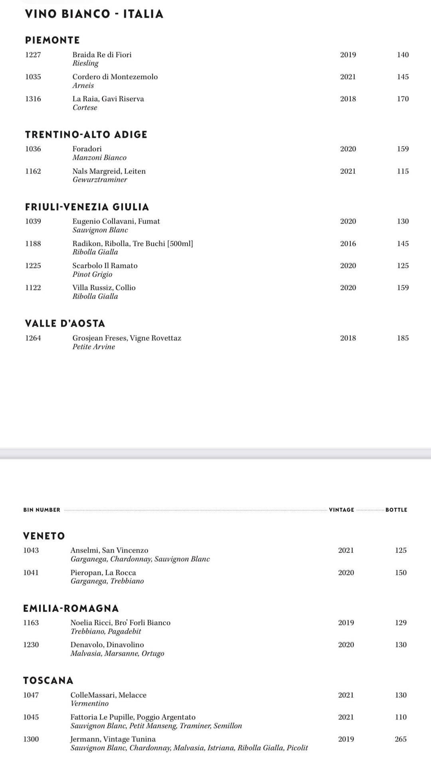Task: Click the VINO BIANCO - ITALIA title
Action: [x=94, y=14]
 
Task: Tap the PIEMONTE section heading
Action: [x=52, y=40]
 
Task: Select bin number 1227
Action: [x=33, y=55]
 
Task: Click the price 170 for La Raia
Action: [x=403, y=99]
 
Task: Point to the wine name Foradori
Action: [x=87, y=149]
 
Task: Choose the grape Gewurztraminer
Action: [x=100, y=180]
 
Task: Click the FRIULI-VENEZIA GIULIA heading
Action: [x=87, y=207]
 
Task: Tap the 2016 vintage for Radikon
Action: [x=348, y=244]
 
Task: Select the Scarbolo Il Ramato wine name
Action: [x=105, y=266]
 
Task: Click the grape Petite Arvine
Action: [x=94, y=347]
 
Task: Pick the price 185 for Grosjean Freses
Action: [x=403, y=338]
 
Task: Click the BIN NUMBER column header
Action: [x=42, y=510]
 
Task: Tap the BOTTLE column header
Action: [x=396, y=510]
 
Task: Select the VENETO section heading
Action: [x=44, y=536]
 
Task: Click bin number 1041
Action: [x=31, y=573]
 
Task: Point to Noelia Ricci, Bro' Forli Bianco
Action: [x=121, y=623]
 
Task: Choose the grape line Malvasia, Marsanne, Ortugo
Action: [x=117, y=654]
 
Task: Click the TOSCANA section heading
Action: [x=48, y=680]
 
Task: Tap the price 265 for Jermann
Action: [x=401, y=739]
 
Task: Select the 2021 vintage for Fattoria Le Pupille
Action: [x=346, y=717]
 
